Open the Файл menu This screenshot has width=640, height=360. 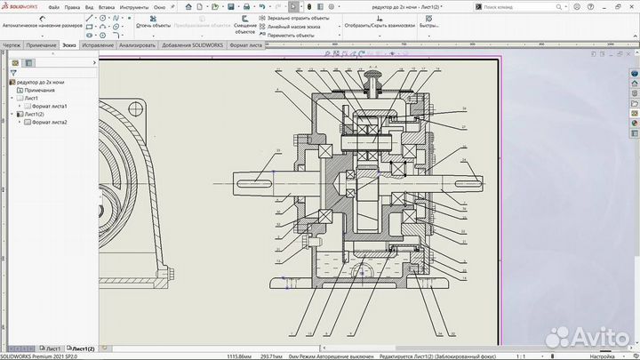coord(55,6)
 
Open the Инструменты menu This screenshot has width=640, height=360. coord(134,6)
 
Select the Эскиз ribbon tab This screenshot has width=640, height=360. coord(68,44)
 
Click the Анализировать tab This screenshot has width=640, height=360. coord(137,44)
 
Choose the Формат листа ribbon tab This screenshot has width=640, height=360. coord(246,44)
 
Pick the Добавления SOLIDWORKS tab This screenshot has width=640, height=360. coord(193,44)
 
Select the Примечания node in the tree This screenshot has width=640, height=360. coord(39,90)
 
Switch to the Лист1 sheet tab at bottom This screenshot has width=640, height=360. coord(53,348)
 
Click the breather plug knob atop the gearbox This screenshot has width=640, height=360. coord(373,83)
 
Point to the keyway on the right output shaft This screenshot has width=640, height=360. coord(462,184)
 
